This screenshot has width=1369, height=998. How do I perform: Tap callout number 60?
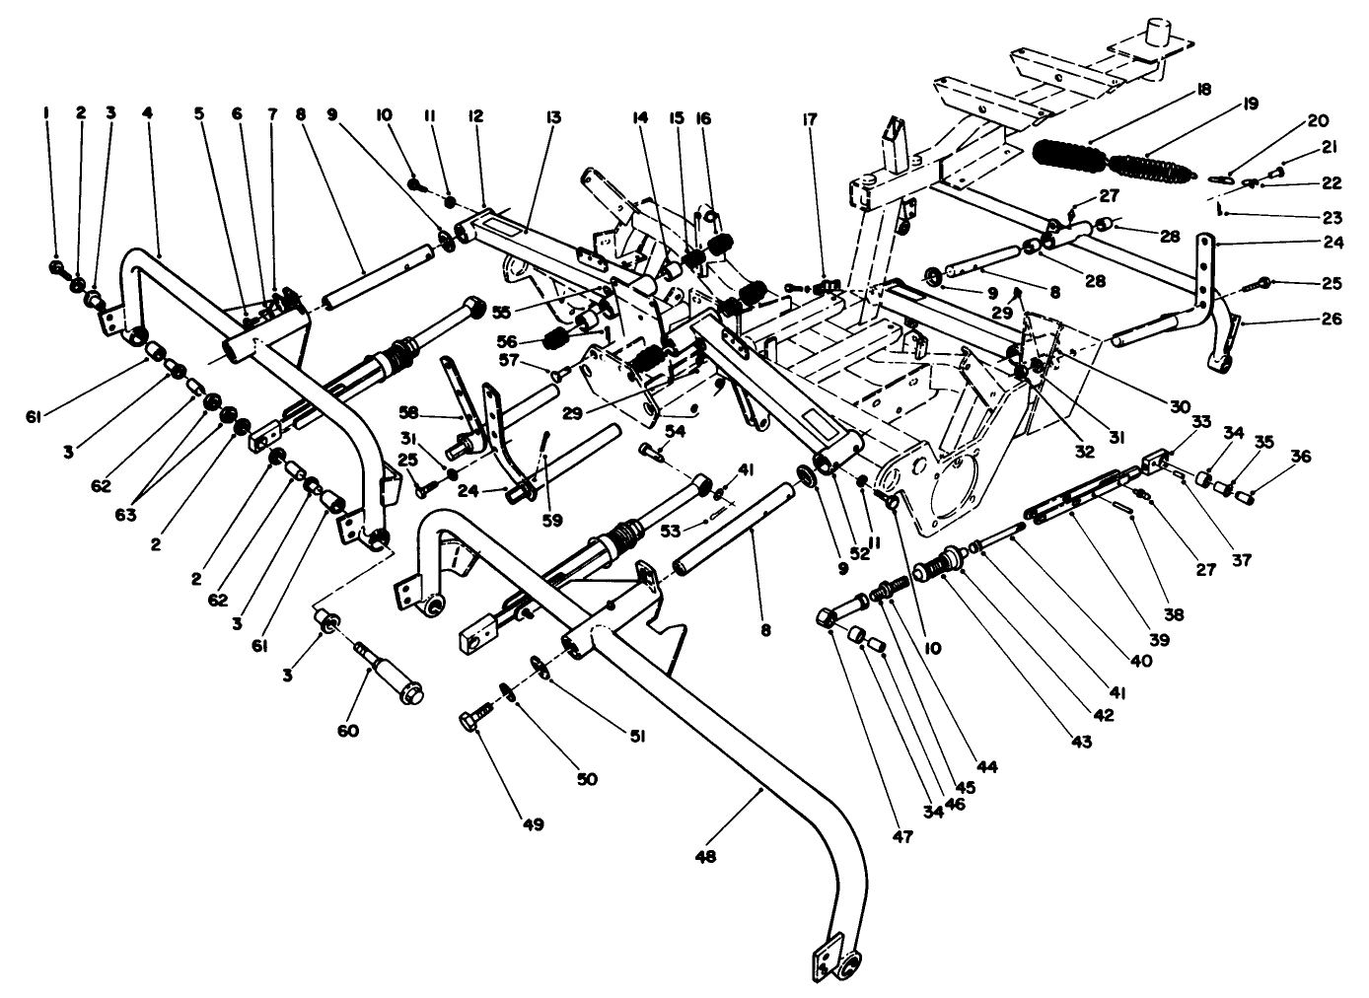(348, 731)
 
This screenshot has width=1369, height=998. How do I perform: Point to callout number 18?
(1202, 89)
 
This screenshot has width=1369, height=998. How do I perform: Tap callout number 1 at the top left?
(45, 113)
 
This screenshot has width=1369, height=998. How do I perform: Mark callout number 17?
(810, 121)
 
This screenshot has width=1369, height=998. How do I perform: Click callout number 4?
(147, 113)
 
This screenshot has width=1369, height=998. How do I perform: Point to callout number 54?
(675, 431)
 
